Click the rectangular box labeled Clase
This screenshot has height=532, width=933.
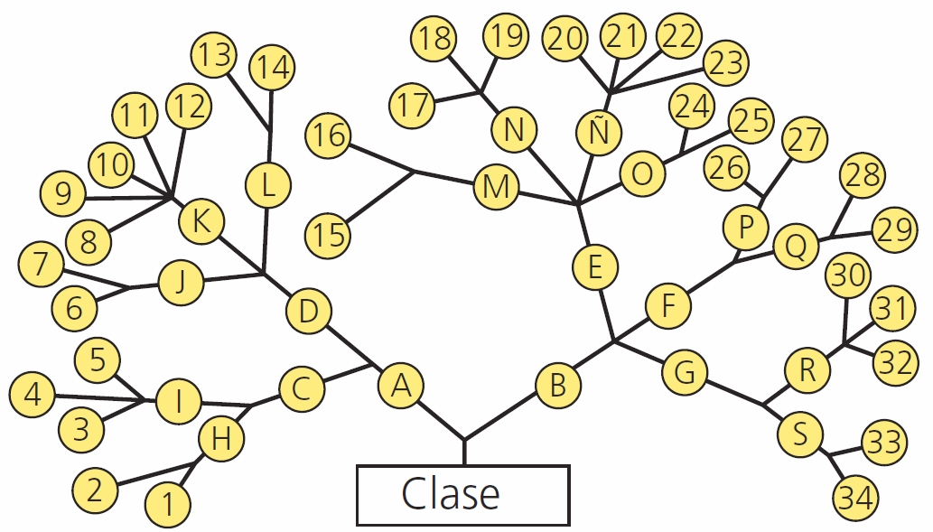pos(462,494)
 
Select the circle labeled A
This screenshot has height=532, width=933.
pos(401,386)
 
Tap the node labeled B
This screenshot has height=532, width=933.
pos(558,386)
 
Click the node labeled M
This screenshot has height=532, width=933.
pos(496,188)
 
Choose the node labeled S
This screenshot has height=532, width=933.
pos(800,434)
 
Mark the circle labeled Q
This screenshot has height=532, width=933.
pos(796,245)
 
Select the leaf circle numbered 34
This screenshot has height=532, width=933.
pos(855,497)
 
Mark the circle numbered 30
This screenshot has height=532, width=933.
pos(849,276)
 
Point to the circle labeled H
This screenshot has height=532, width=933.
pos(220,440)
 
